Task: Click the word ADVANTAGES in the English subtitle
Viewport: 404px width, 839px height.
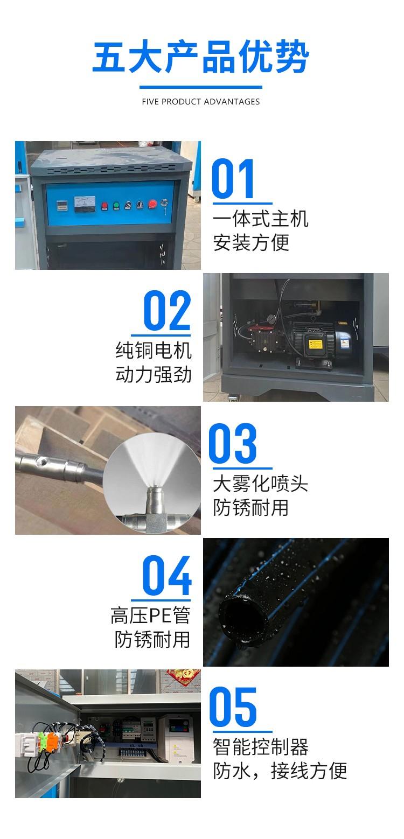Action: [x=232, y=101]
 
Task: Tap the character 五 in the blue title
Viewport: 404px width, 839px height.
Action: [x=108, y=57]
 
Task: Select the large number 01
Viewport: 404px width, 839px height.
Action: [x=233, y=178]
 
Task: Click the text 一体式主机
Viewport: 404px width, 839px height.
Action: [x=261, y=219]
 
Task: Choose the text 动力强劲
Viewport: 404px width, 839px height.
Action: [x=154, y=375]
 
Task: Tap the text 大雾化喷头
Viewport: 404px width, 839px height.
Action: [x=261, y=484]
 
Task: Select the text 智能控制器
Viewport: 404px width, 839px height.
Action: [x=261, y=747]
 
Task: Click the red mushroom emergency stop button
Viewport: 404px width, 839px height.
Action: [x=152, y=204]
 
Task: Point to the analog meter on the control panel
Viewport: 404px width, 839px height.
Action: [x=85, y=204]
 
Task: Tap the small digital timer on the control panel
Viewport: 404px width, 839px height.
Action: [x=62, y=205]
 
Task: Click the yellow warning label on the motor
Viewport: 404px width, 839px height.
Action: [x=315, y=344]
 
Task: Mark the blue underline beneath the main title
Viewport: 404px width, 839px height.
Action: [x=201, y=87]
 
